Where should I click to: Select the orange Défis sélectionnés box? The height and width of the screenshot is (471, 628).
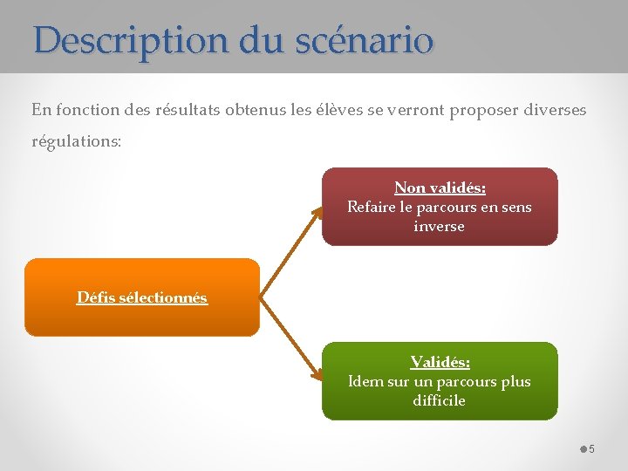[x=142, y=297]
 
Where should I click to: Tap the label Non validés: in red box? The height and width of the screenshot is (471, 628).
[x=440, y=188]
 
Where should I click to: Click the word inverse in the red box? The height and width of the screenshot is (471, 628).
[x=439, y=226]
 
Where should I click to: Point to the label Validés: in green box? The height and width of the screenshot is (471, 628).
[x=440, y=362]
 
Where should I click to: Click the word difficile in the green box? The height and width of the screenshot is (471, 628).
[x=439, y=400]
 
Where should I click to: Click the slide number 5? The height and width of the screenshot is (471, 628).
[x=591, y=449]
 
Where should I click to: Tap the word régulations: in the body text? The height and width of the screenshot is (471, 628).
[x=77, y=140]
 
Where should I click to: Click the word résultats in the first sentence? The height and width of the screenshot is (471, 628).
[x=187, y=110]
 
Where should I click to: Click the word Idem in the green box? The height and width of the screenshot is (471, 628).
[x=365, y=381]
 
